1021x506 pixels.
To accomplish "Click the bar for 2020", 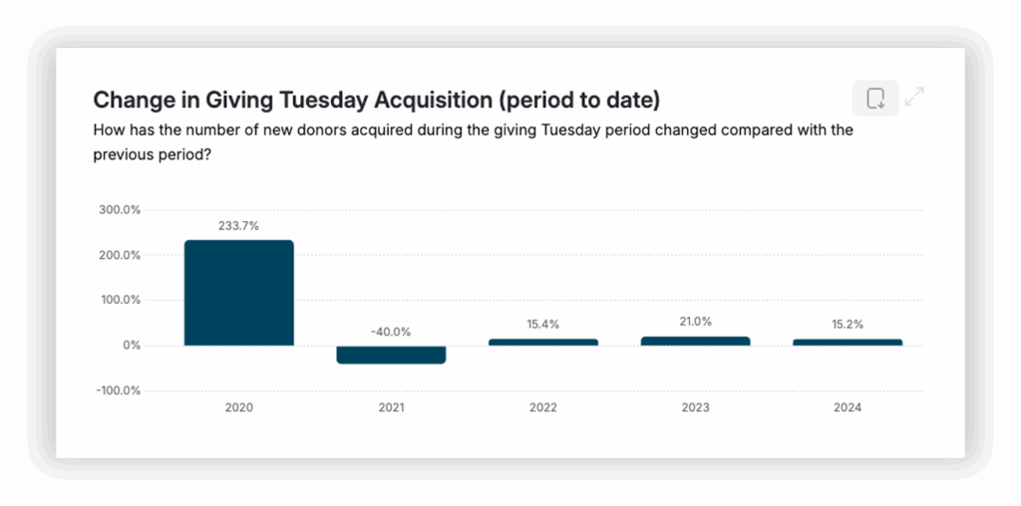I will click(239, 293).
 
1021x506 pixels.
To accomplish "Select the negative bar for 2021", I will click(391, 355).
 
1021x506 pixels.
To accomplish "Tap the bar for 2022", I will click(543, 342).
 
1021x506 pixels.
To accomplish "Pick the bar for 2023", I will click(695, 341).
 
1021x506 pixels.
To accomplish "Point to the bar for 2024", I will click(848, 342).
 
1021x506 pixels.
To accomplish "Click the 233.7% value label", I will click(239, 226).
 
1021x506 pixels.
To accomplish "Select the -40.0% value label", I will click(391, 332).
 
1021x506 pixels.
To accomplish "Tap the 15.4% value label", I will click(543, 325).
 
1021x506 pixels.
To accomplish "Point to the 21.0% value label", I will click(695, 322).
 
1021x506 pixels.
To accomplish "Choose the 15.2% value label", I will click(848, 325).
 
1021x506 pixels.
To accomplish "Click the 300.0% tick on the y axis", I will click(119, 210).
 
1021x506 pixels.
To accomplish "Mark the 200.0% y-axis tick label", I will click(119, 255).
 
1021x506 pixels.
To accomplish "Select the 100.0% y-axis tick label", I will click(119, 300).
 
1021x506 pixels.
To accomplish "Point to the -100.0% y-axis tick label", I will click(117, 390).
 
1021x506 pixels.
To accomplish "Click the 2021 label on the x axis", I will click(391, 408).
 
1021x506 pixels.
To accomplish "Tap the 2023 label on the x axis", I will click(695, 408).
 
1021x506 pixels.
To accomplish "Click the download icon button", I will click(875, 98).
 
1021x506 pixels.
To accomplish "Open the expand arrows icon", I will click(914, 97).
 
